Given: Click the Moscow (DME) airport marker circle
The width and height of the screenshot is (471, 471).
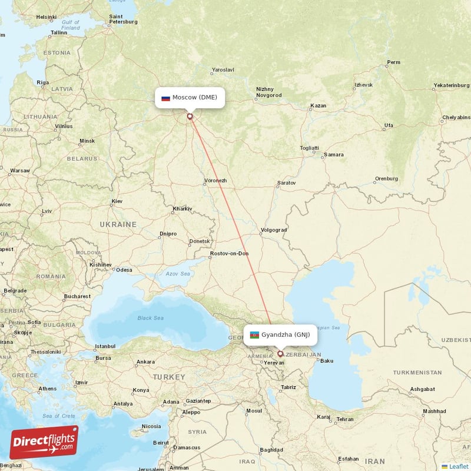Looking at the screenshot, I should coord(190,117).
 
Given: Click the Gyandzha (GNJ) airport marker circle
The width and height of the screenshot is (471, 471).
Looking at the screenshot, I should coord(280,354).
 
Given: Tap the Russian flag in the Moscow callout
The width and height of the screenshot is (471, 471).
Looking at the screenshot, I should coord(166,98).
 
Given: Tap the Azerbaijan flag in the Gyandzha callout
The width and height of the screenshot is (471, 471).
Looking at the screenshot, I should coord(254,335).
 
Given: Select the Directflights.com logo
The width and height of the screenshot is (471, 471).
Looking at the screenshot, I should coord(44,442).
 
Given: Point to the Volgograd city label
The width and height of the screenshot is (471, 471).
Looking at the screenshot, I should coord(274,230).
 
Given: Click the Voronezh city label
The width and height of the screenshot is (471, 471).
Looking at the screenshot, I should coord(215,180).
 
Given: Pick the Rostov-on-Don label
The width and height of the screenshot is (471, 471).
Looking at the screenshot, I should coord(230,254).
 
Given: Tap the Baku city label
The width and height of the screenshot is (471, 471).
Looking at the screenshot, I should coord(327,361).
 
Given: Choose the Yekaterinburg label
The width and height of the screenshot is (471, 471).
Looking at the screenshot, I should coord(450,85).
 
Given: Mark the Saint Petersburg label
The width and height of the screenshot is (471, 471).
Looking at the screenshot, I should coord(123,19).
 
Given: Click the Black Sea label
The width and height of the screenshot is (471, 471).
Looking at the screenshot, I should coord(151,318).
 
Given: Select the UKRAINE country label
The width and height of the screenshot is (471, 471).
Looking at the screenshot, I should coord(118,224).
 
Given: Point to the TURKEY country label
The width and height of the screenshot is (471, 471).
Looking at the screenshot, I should coord(169,376).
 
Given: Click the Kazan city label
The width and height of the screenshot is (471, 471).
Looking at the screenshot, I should coord(318,106).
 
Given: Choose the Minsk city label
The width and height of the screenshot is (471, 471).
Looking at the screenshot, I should coord(87,141).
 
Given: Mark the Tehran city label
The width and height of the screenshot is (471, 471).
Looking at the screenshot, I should coord(344,419).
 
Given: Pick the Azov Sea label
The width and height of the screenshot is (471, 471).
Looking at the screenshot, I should coord(177,274).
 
